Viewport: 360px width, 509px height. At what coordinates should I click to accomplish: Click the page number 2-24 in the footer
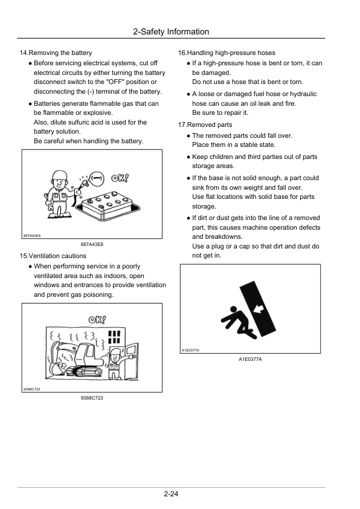click(x=170, y=495)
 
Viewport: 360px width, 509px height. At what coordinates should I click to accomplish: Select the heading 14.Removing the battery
click(x=56, y=53)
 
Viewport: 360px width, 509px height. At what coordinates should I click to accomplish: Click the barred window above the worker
click(x=114, y=337)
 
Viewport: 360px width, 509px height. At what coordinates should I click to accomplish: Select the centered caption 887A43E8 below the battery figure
click(x=92, y=244)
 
